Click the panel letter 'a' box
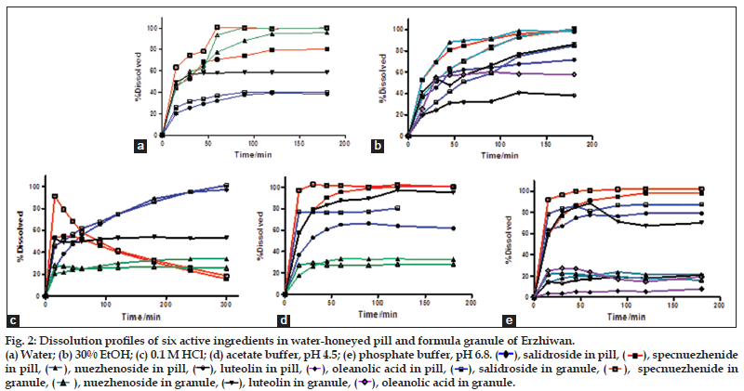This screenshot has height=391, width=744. pos(139,146)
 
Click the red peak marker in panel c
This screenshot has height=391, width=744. pos(56,196)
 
